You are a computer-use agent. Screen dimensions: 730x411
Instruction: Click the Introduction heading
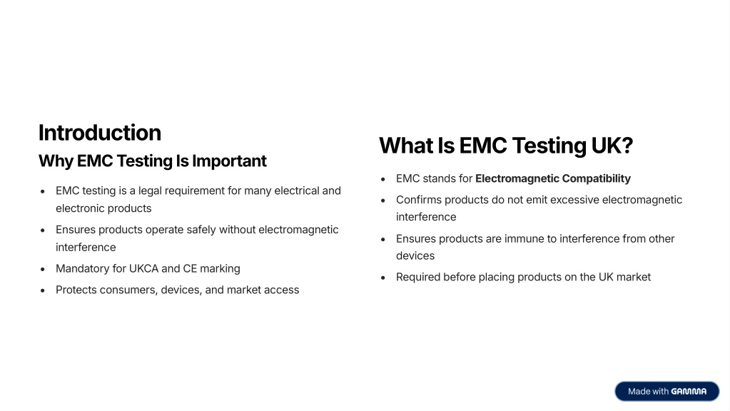(100, 133)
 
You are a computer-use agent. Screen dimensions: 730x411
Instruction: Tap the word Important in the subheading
(229, 161)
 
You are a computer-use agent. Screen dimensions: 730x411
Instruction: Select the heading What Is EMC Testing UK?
(506, 146)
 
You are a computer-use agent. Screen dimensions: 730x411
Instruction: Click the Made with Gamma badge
(666, 392)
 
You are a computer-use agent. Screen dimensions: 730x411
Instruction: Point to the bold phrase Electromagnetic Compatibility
(552, 178)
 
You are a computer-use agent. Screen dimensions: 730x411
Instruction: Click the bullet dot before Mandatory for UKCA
(43, 269)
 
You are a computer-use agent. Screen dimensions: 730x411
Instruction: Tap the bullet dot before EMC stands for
(383, 179)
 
